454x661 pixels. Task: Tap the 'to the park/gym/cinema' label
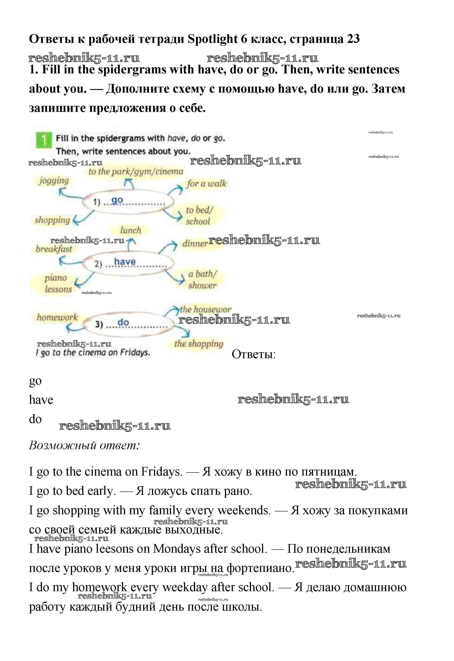[136, 171]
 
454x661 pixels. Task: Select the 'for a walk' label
[207, 183]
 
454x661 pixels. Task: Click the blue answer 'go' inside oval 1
[117, 201]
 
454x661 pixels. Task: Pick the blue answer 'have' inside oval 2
[125, 261]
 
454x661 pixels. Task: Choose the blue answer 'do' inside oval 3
[123, 322]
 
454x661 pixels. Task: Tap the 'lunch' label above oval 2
[131, 230]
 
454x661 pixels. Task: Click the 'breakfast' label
[54, 249]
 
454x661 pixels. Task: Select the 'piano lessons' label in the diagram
[58, 283]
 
